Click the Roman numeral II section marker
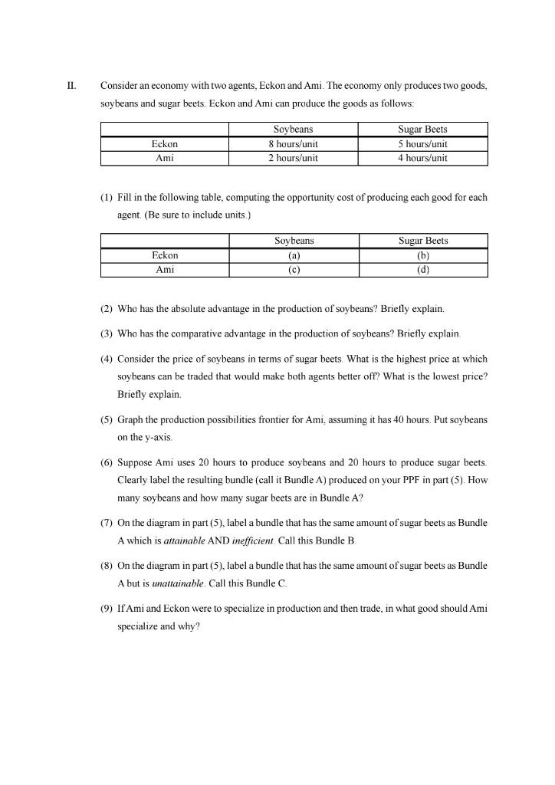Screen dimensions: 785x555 tap(71, 86)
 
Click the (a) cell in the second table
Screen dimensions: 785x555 tap(294, 255)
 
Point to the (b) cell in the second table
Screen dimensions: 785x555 tap(423, 255)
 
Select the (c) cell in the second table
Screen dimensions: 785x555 tap(294, 269)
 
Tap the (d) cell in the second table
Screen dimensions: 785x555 tap(423, 269)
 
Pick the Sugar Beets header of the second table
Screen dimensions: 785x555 tap(423, 241)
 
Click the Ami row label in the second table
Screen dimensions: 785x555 tap(165, 269)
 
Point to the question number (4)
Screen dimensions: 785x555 tap(107, 359)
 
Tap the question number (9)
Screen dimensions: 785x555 tap(107, 609)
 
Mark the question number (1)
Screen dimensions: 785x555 tap(107, 198)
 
